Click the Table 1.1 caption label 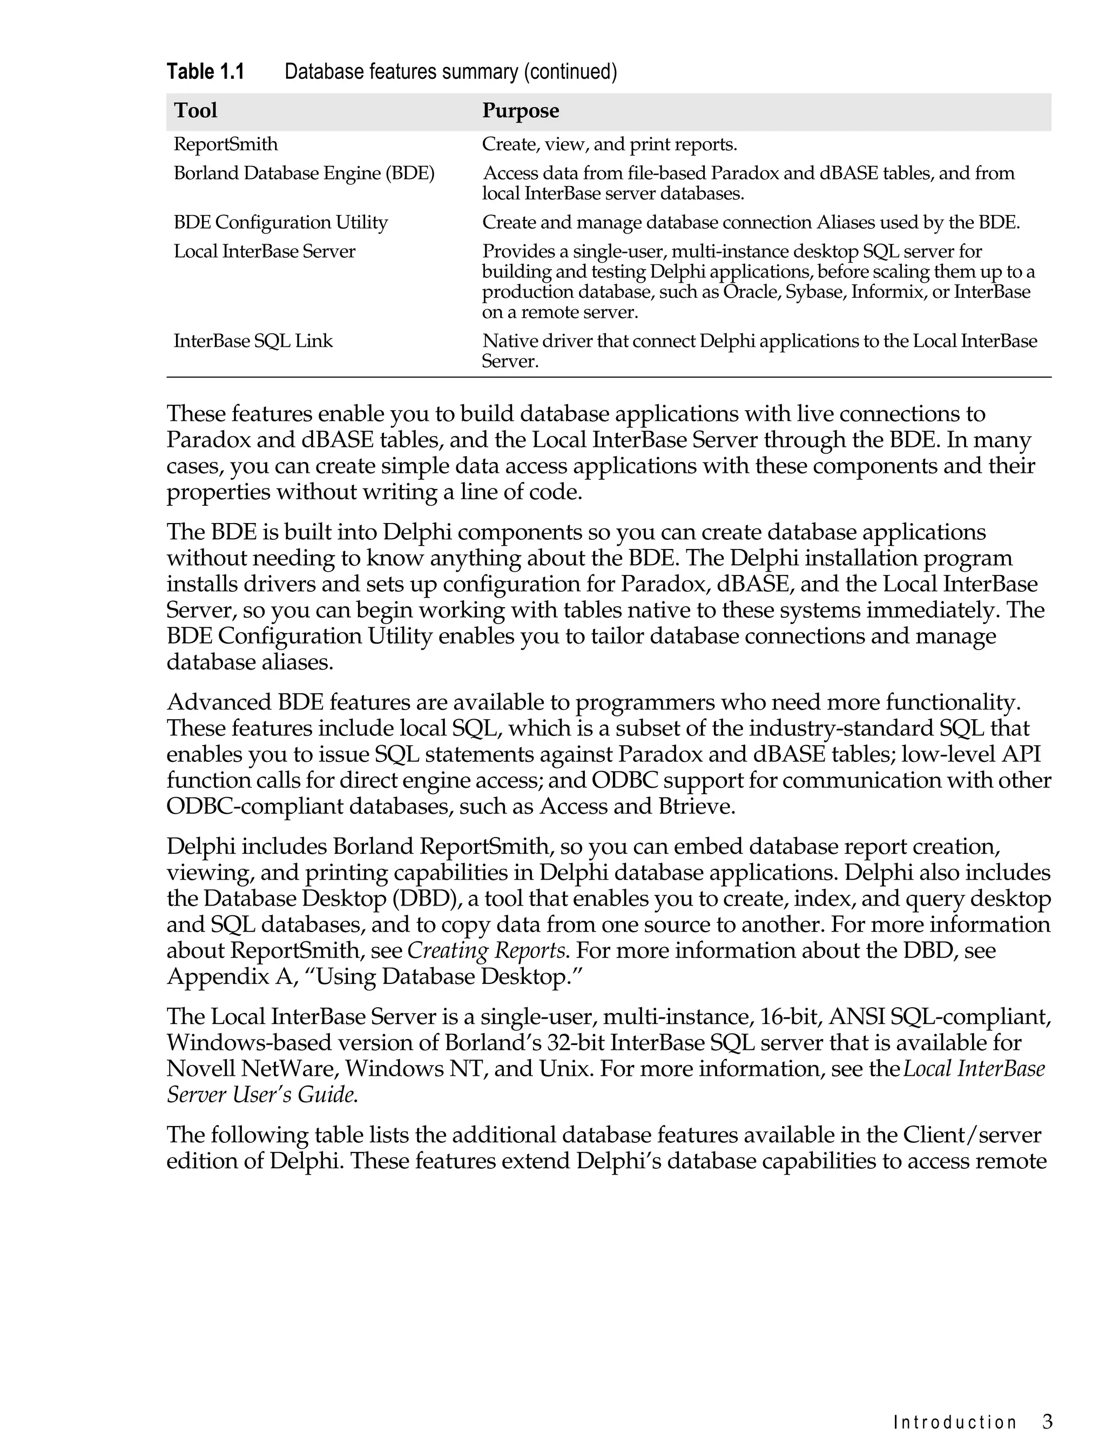205,71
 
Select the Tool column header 195,110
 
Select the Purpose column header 520,110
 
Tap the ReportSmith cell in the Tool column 225,144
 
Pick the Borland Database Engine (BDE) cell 304,173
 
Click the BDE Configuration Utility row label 280,223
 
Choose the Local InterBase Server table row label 264,252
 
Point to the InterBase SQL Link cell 253,341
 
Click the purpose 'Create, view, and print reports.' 610,144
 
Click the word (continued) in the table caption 570,71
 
